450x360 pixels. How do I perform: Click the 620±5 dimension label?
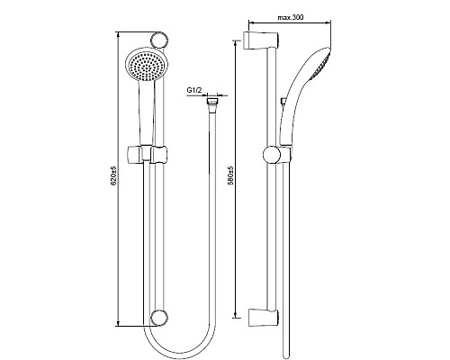click(x=113, y=176)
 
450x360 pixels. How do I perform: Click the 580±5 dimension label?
click(x=230, y=176)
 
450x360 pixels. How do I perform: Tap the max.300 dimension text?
click(x=291, y=17)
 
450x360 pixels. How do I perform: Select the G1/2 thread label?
click(x=194, y=90)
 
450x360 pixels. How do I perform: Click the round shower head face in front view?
click(x=145, y=65)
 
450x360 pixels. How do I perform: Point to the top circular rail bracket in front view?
click(x=158, y=40)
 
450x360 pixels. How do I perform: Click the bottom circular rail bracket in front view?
click(x=158, y=318)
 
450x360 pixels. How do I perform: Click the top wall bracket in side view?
click(x=262, y=40)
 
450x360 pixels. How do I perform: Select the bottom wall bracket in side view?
click(x=264, y=318)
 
